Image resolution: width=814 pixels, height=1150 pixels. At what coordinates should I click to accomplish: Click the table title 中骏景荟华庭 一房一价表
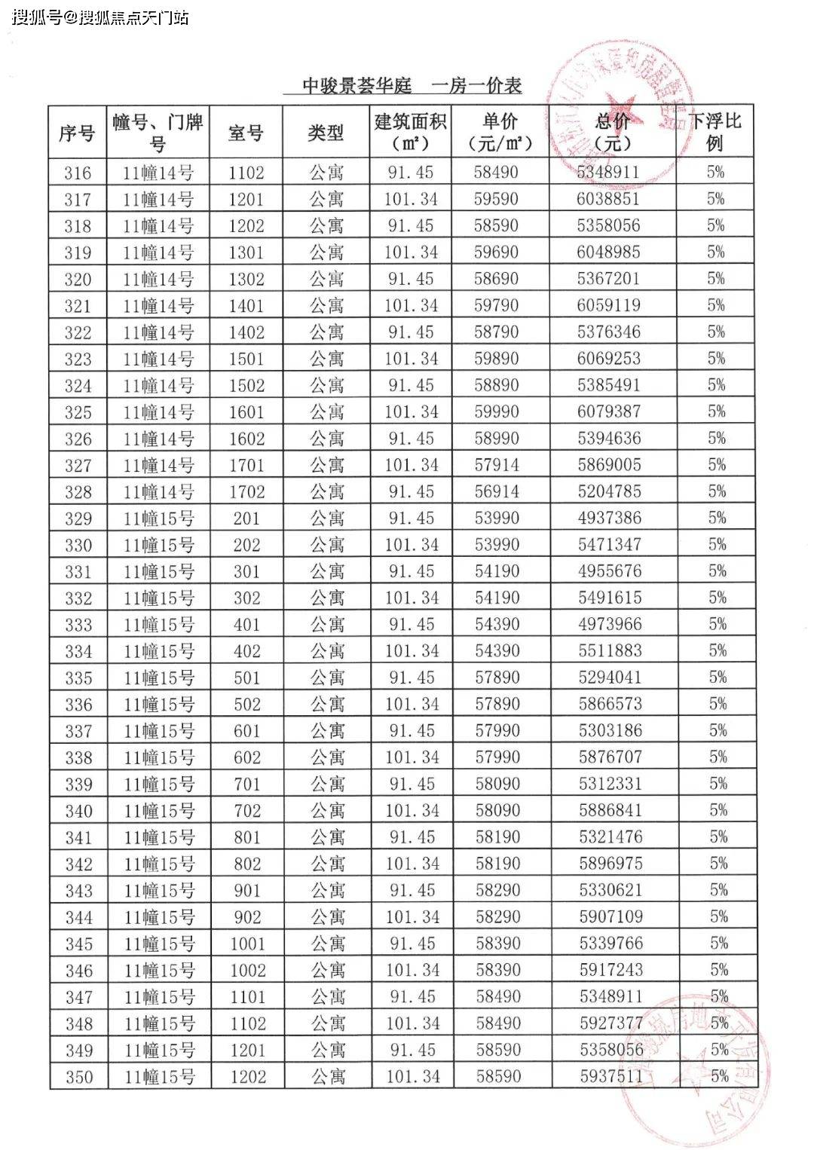click(412, 86)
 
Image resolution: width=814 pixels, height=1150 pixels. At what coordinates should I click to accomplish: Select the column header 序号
click(77, 133)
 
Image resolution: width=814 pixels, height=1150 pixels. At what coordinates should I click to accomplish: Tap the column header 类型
click(326, 133)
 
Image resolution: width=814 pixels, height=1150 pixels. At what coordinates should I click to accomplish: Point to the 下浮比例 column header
click(715, 132)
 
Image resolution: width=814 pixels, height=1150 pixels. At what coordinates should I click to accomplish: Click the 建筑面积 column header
click(410, 132)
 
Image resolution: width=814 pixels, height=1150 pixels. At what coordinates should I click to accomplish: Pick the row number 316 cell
click(77, 173)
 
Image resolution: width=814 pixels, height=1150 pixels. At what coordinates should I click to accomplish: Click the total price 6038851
click(608, 199)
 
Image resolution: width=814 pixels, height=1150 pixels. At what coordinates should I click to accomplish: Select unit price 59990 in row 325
click(497, 411)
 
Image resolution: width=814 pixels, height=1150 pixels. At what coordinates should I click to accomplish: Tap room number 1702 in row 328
click(246, 492)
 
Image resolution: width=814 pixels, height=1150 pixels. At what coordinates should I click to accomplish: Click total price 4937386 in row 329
click(609, 518)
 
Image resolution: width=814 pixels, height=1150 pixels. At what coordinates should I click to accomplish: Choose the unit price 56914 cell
click(497, 491)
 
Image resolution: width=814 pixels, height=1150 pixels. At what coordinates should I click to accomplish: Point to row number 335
click(78, 678)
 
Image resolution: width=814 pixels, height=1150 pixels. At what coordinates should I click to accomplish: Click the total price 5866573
click(610, 704)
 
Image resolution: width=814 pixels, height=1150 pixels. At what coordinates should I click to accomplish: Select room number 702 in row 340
click(247, 811)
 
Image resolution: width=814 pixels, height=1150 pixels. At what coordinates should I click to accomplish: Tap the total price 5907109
click(610, 916)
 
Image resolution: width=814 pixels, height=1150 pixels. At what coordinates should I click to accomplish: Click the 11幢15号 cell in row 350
click(159, 1077)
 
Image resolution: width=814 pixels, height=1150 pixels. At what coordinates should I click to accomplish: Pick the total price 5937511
click(610, 1076)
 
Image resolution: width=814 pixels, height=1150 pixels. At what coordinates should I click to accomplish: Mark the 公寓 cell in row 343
click(328, 891)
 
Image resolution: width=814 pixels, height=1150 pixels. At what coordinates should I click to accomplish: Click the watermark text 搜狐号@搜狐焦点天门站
click(100, 17)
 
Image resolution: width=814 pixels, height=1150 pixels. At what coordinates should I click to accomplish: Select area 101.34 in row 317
click(411, 199)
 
